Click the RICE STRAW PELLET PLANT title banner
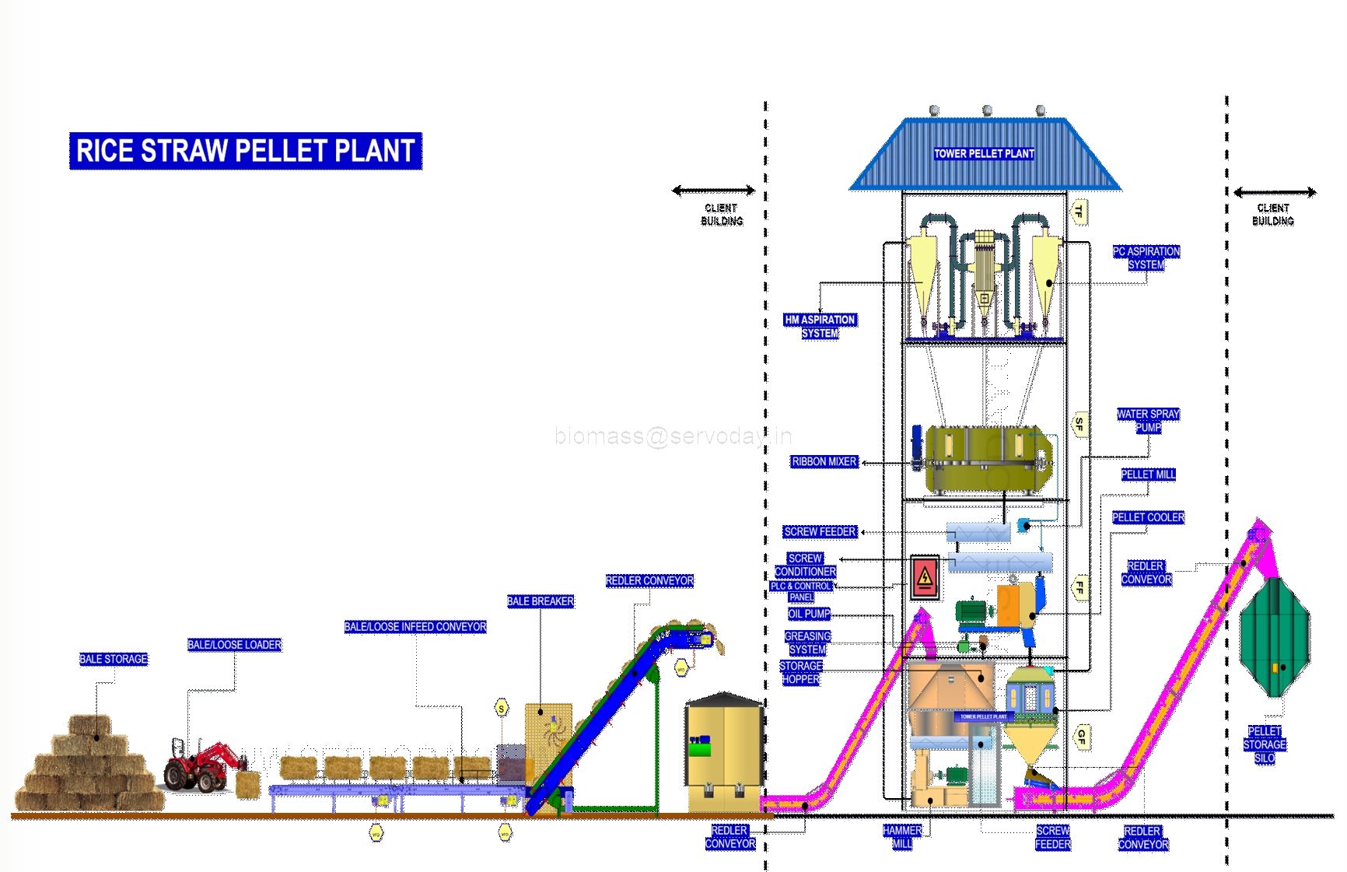point(245,150)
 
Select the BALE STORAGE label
point(114,659)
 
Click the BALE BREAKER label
point(541,601)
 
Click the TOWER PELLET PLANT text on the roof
point(984,154)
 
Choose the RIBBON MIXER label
point(824,461)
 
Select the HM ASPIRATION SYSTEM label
point(820,326)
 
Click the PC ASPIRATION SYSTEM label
point(1146,257)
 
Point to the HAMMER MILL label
point(902,837)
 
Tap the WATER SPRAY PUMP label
point(1148,420)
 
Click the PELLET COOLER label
point(1148,517)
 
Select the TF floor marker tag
point(1079,211)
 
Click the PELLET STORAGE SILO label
point(1265,744)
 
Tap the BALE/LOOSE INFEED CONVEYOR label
point(415,627)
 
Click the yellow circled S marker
point(502,709)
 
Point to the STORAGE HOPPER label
point(801,672)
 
